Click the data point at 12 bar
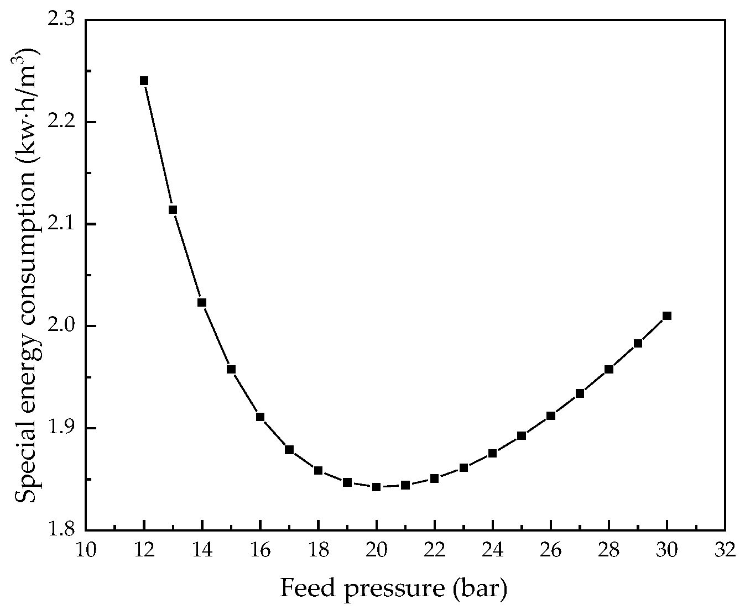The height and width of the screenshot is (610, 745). pyautogui.click(x=144, y=81)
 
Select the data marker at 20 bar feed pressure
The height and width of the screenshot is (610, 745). pyautogui.click(x=376, y=487)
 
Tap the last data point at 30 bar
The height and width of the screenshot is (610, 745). pyautogui.click(x=667, y=315)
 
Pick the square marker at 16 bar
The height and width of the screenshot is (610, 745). pyautogui.click(x=260, y=417)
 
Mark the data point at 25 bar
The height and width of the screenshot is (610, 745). pyautogui.click(x=522, y=435)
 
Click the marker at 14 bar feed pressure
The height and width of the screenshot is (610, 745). pyautogui.click(x=202, y=302)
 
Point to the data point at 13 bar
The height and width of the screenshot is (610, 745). pyautogui.click(x=173, y=209)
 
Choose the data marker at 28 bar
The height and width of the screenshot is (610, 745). pyautogui.click(x=609, y=369)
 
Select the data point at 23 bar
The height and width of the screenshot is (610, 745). pyautogui.click(x=463, y=467)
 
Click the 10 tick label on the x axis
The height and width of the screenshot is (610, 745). pyautogui.click(x=86, y=550)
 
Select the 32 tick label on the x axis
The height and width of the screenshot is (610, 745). pyautogui.click(x=725, y=550)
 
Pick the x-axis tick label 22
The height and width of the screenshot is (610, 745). pyautogui.click(x=434, y=550)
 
